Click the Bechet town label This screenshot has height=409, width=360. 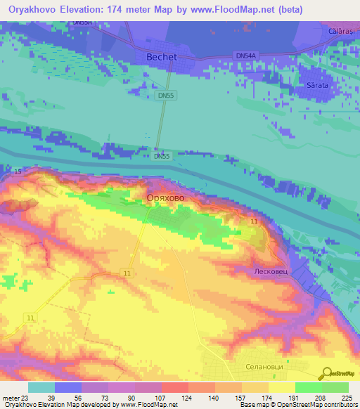pyautogui.click(x=161, y=57)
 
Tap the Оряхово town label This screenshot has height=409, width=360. pyautogui.click(x=166, y=199)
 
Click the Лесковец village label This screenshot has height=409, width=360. pyautogui.click(x=271, y=271)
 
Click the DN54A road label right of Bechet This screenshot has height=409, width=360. pyautogui.click(x=246, y=56)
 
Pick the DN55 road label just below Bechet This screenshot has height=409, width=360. pyautogui.click(x=165, y=96)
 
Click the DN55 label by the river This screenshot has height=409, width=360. pyautogui.click(x=162, y=156)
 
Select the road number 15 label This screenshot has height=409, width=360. pyautogui.click(x=18, y=171)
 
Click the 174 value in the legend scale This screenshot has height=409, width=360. pyautogui.click(x=267, y=397)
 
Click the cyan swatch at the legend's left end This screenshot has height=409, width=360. pyautogui.click(x=41, y=387)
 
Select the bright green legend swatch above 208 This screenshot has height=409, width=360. pyautogui.click(x=308, y=387)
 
